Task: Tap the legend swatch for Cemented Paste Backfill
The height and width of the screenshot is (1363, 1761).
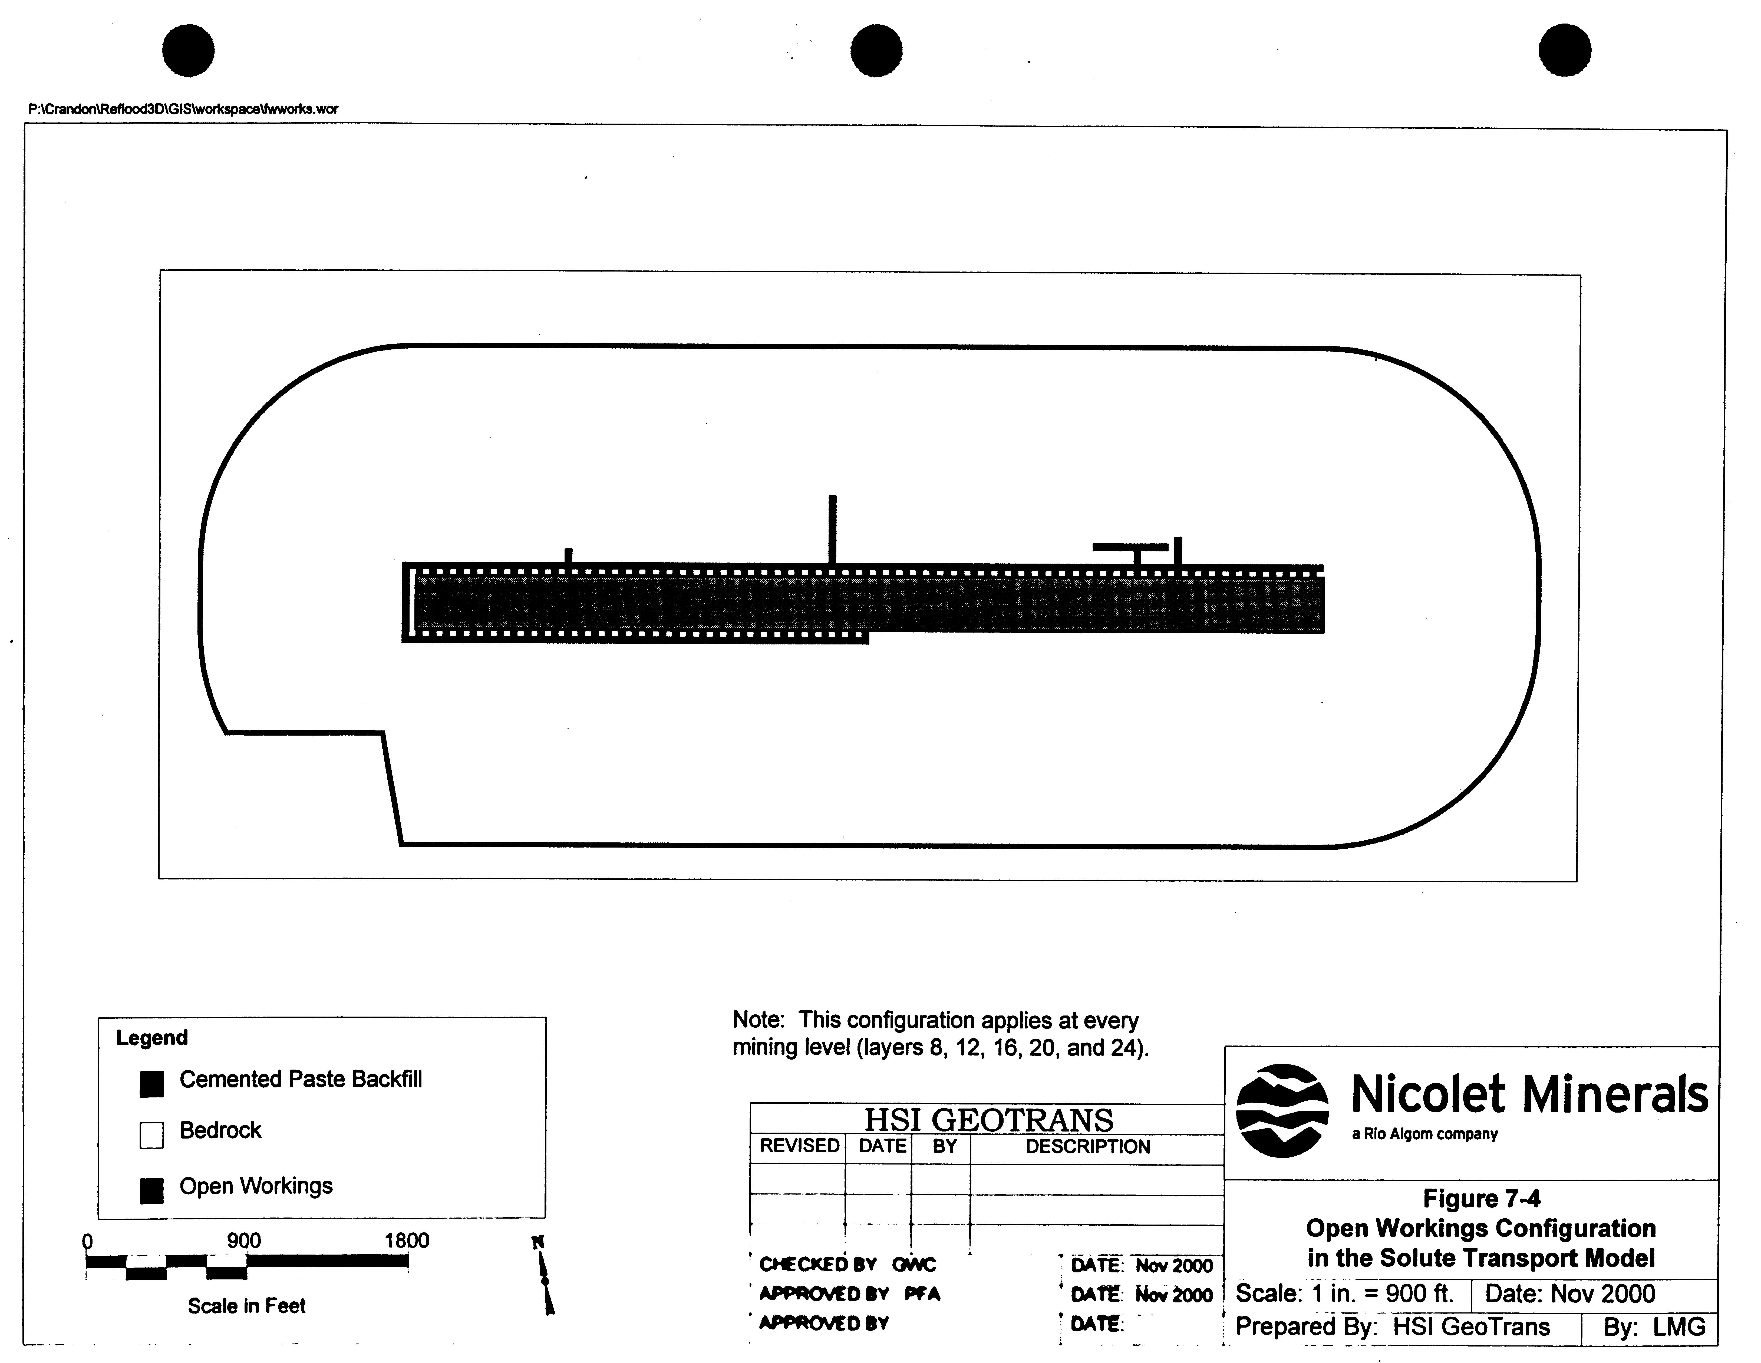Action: (151, 1084)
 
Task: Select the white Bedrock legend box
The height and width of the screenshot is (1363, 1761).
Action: (151, 1135)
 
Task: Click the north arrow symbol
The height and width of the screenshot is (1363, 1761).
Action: (543, 1276)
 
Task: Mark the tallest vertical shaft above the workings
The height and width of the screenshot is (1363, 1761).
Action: (832, 530)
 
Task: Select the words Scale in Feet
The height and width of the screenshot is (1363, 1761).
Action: (247, 1306)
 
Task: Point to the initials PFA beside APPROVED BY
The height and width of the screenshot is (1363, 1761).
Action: (922, 1294)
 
